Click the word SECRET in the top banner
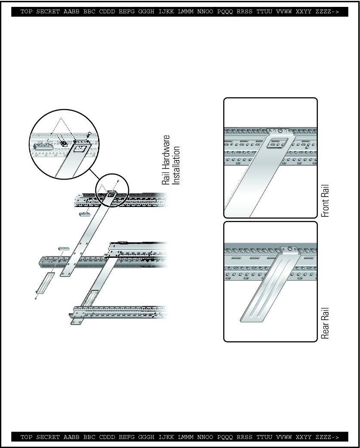48,12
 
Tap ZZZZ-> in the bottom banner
327,437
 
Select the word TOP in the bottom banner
26,437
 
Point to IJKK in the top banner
166,12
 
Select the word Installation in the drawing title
176,165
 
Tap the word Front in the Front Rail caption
325,207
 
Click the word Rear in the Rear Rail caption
325,331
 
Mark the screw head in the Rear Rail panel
290,249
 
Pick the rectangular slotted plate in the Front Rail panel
276,143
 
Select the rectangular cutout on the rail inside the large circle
80,148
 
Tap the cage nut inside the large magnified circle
64,142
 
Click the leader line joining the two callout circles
94,174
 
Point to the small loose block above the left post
64,249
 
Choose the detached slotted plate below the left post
46,283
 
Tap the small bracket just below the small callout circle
85,214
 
